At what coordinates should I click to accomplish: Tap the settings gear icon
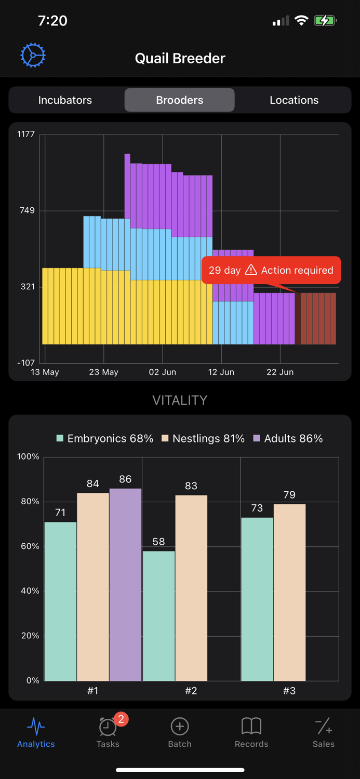pos(33,55)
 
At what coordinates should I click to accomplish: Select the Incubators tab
pos(65,100)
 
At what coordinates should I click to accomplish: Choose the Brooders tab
pos(179,100)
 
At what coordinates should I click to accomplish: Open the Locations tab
pos(294,100)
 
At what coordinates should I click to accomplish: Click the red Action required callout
pos(271,270)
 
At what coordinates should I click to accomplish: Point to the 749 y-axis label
pos(26,210)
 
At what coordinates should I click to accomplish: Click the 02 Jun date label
pos(163,372)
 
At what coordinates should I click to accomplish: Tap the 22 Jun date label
pos(280,372)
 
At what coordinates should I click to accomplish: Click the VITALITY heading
pos(180,400)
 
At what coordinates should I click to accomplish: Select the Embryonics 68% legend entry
pos(105,439)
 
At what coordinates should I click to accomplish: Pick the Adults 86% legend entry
pos(288,439)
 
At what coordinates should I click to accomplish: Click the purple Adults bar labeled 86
pos(125,584)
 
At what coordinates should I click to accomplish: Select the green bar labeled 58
pos(158,615)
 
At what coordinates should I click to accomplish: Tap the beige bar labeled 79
pos(289,592)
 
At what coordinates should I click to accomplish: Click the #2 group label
pos(191,691)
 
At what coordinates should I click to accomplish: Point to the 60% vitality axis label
pos(28,546)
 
